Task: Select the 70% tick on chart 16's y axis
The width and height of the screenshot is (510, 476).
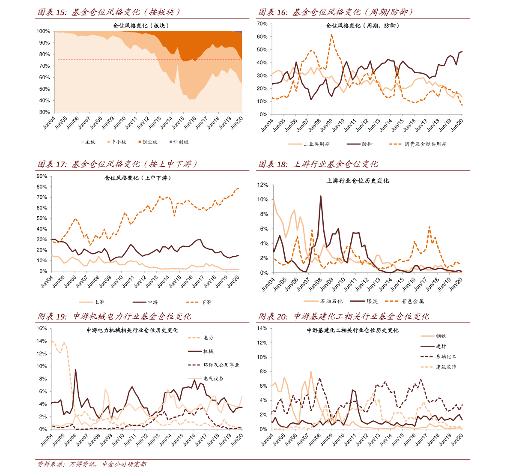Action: coord(262,24)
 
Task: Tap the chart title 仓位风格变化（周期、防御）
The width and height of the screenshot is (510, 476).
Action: coord(363,26)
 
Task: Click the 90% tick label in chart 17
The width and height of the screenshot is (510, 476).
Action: coord(42,176)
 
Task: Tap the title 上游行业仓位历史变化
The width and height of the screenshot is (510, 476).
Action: coord(358,181)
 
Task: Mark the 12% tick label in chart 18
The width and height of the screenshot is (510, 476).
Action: coord(262,185)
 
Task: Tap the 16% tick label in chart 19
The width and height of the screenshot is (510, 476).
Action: coord(42,328)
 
